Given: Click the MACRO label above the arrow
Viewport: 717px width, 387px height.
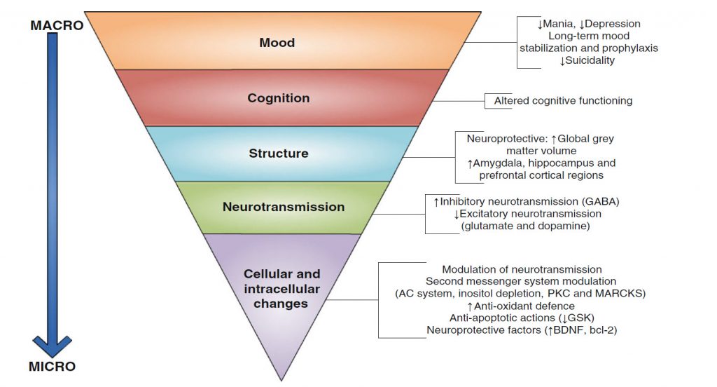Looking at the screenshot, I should pos(57,26).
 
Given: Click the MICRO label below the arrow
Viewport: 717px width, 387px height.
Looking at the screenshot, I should pos(53,366).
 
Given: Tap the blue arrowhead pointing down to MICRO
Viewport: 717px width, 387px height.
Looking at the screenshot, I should pos(53,345).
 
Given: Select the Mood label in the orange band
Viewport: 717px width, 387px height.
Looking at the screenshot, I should pos(277,43).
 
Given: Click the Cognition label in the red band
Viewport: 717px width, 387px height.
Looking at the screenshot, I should pos(278,98).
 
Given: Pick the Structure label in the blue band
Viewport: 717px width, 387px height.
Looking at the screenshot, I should pos(278,153).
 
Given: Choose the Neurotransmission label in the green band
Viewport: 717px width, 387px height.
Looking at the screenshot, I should pos(284,207).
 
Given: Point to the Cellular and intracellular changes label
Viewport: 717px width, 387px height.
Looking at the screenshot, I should pos(281,289).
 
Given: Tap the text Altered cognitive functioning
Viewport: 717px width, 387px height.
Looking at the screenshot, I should pos(563,101).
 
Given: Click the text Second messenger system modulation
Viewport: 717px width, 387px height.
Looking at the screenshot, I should pos(522,281).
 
